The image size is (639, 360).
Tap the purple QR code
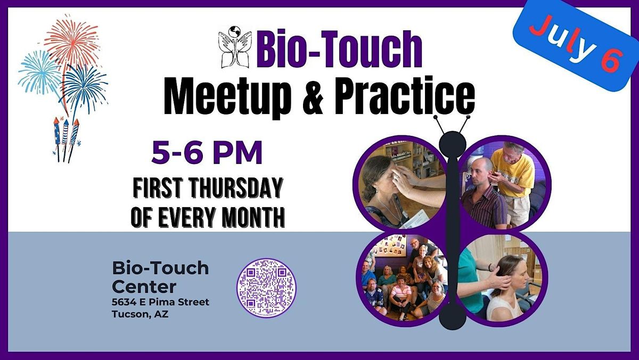[266, 288]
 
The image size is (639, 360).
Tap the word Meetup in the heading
[240, 96]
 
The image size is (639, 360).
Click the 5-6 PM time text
[207, 153]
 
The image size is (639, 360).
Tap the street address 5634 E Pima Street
[160, 302]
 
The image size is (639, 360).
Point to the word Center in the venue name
[144, 287]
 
